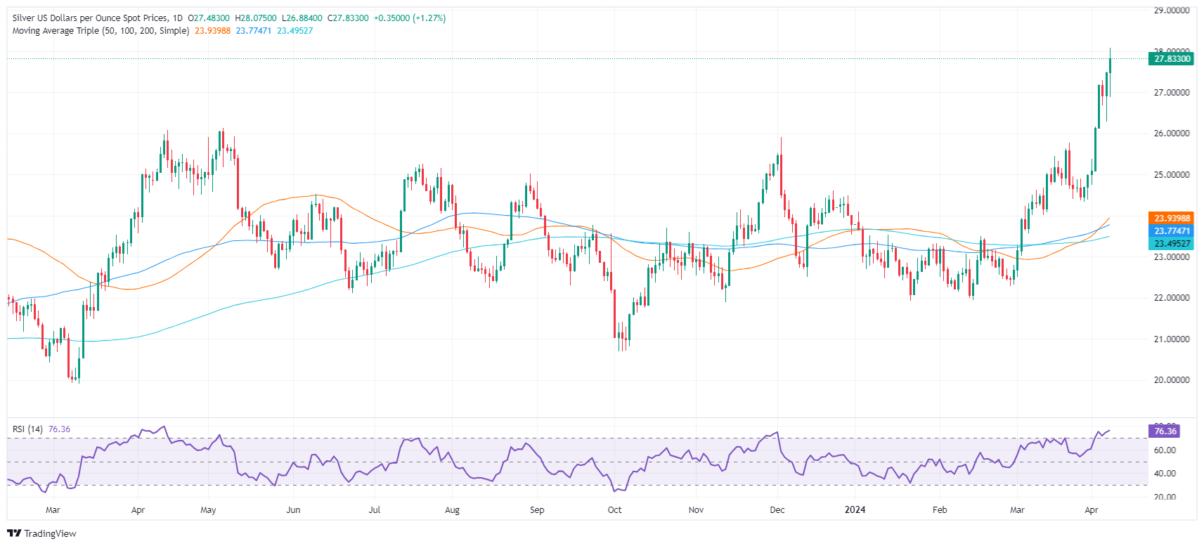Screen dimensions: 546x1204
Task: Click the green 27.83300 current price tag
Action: (x=1172, y=59)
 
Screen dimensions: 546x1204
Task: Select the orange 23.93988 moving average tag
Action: (x=1172, y=219)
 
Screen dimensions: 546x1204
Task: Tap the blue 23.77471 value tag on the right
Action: (x=1172, y=231)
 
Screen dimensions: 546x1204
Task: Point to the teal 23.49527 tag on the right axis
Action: (x=1172, y=244)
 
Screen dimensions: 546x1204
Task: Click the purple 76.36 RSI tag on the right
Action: (x=1165, y=431)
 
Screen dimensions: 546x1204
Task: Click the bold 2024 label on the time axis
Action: (x=855, y=510)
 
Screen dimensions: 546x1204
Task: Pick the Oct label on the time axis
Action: (x=614, y=510)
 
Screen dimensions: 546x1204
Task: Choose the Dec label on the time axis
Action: (x=777, y=510)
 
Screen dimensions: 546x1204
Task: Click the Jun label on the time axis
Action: (x=293, y=510)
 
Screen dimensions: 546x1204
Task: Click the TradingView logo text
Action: (x=42, y=534)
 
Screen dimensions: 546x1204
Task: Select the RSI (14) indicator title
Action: (x=27, y=429)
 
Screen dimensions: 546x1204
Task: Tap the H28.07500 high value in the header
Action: (x=256, y=18)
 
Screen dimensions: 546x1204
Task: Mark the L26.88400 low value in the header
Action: (x=302, y=18)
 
